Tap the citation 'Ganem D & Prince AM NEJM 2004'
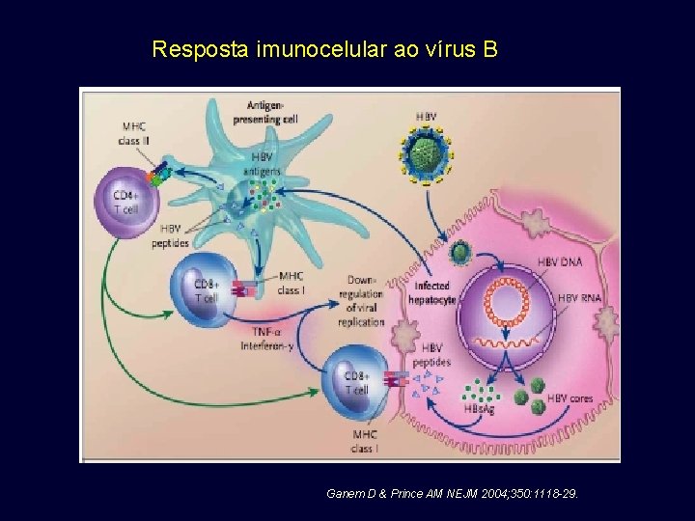click(453, 494)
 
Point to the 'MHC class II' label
click(135, 133)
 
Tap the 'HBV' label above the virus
click(426, 117)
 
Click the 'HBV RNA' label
click(577, 298)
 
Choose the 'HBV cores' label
click(570, 397)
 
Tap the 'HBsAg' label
click(478, 409)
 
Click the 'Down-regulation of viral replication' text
click(362, 300)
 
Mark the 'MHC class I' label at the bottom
click(364, 442)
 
